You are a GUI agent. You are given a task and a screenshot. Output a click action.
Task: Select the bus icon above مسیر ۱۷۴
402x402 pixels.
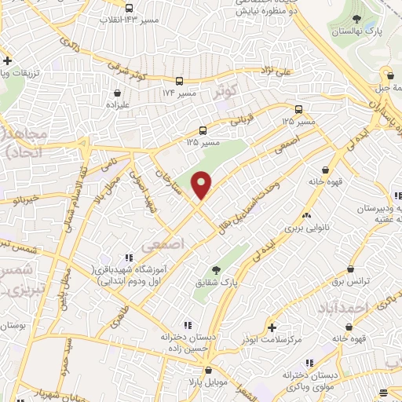pos(180,81)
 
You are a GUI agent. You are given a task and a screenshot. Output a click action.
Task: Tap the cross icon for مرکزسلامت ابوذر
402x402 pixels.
pos(271,327)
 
